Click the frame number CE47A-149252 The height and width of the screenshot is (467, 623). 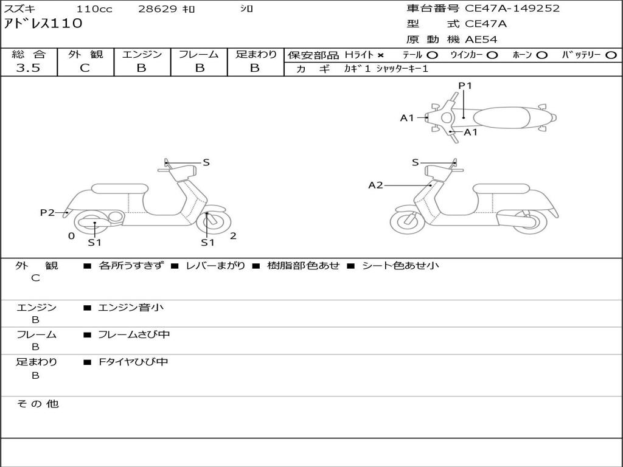pos(512,9)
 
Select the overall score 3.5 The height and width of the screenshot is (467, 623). pos(28,68)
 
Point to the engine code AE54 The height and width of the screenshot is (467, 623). pos(481,40)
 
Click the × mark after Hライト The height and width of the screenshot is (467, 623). pos(380,55)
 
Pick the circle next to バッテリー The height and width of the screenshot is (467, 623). pos(611,55)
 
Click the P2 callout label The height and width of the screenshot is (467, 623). pos(47,212)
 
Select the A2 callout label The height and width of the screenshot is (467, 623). pos(375,185)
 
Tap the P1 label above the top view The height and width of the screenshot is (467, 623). pos(465,86)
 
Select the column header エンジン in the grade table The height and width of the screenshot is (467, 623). pos(142,54)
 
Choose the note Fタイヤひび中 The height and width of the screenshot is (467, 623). pos(133,362)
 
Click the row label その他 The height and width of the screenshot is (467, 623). pos(37,404)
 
